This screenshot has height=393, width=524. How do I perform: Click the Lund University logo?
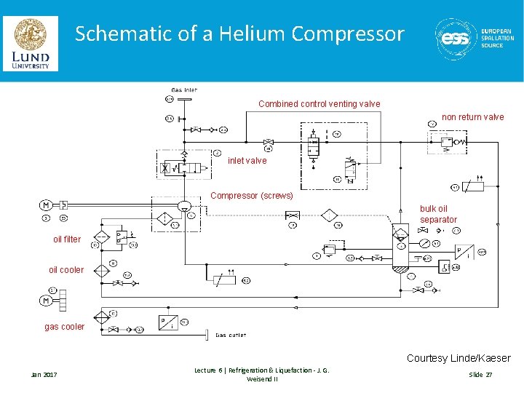(x=30, y=43)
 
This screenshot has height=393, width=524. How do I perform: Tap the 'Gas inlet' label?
(x=184, y=90)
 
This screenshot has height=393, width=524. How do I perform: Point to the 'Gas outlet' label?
(x=231, y=336)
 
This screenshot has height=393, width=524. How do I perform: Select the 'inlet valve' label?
(x=247, y=160)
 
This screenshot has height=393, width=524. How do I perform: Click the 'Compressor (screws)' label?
(x=251, y=196)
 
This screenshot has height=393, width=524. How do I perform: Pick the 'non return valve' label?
(x=472, y=117)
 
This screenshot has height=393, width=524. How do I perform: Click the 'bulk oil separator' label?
(x=438, y=214)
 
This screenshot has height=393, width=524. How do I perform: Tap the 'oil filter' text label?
(x=67, y=239)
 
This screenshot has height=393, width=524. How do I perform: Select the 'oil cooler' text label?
(x=66, y=270)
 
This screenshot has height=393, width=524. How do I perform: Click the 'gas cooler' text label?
(x=64, y=327)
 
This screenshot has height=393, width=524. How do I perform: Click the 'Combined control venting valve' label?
(x=319, y=104)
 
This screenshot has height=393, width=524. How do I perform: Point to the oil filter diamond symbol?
(x=102, y=238)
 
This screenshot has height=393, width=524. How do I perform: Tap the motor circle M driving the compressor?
(x=45, y=205)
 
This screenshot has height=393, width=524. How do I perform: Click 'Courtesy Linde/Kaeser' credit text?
(x=458, y=358)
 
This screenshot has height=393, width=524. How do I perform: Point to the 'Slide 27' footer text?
(x=480, y=374)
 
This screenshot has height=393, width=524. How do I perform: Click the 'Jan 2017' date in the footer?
(x=44, y=374)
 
